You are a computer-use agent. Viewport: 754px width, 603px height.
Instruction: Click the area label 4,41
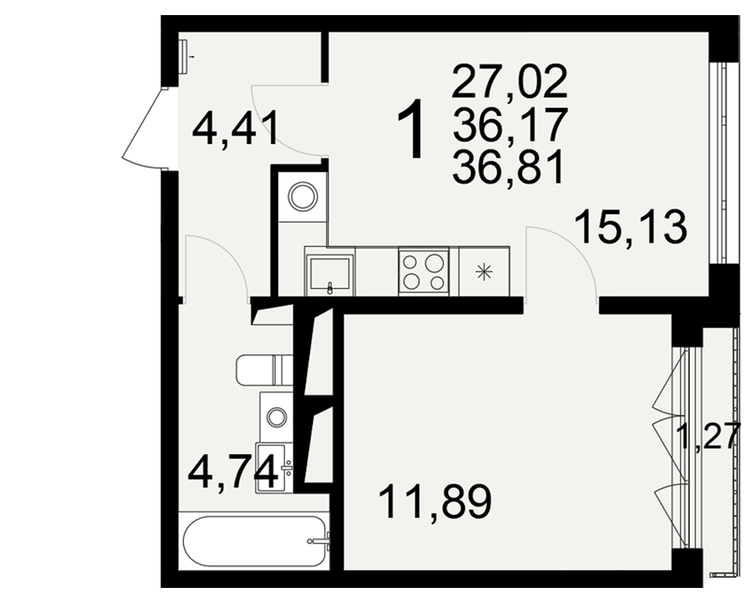click(x=235, y=128)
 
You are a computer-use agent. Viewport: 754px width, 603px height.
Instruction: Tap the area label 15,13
click(x=631, y=228)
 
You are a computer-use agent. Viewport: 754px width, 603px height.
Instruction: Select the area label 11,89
click(x=436, y=501)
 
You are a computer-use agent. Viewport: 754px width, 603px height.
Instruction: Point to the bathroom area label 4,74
click(x=233, y=473)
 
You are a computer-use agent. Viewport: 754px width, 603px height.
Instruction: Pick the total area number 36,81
click(x=507, y=167)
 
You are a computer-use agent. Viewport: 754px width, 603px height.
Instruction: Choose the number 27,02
click(x=510, y=81)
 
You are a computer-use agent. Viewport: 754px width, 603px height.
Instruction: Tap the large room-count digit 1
click(x=412, y=128)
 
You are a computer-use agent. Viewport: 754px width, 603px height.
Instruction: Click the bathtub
click(x=254, y=541)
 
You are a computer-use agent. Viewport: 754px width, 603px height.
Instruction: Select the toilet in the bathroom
click(x=265, y=370)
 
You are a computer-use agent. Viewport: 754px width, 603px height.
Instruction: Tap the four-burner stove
click(x=424, y=271)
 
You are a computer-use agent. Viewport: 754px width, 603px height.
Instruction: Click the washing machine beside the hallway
click(x=303, y=197)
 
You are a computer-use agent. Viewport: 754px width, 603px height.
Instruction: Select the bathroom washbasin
click(x=274, y=467)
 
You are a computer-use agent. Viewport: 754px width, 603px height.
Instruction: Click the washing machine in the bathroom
click(x=277, y=417)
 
